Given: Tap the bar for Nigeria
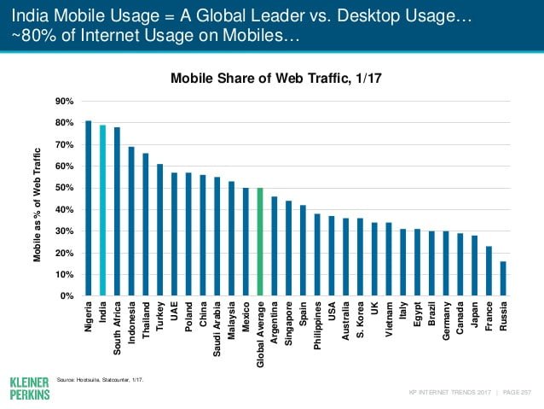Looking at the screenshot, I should pos(89,208).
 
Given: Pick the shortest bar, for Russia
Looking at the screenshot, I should pos(502,278).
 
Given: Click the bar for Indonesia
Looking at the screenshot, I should pos(131,221).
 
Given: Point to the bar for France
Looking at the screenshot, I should pos(488,271).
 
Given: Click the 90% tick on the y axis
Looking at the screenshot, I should pos(64,102).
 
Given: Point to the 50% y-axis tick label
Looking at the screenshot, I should pos(64,188).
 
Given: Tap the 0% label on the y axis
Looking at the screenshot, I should pos(67,296).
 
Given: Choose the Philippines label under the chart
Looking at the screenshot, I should pos(317,325).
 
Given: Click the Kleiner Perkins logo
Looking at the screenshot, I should pos(29,385).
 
